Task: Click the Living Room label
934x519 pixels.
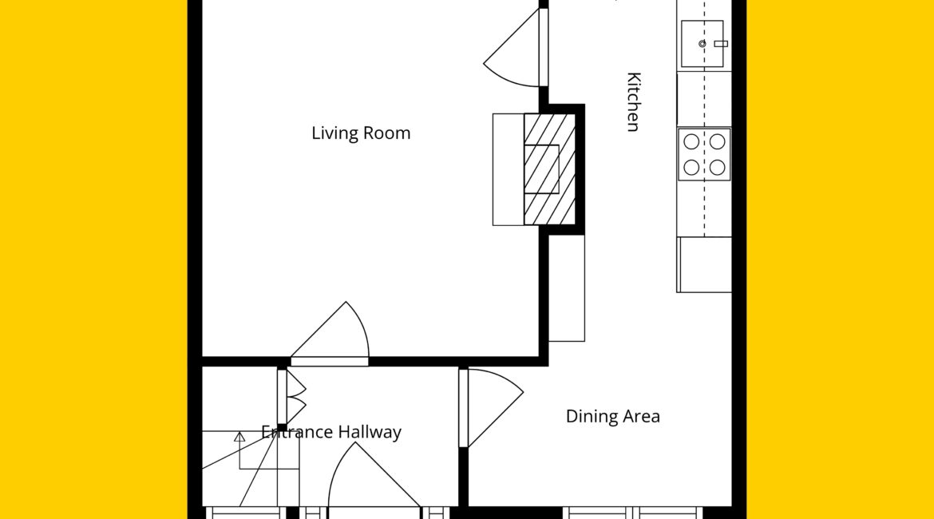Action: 361,133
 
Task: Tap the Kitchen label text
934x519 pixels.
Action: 634,101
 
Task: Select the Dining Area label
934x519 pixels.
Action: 613,416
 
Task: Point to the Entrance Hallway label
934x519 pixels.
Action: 331,432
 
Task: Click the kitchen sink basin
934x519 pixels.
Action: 702,43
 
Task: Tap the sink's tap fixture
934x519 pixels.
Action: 720,43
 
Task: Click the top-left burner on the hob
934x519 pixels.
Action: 691,142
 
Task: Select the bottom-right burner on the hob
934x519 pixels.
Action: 717,168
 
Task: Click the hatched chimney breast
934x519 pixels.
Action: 550,169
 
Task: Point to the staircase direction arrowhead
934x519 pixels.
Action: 239,437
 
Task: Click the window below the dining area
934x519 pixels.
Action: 633,513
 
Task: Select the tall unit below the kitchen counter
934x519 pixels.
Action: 704,264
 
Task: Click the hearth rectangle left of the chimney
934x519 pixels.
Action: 508,170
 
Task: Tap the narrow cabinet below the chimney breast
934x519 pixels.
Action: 567,288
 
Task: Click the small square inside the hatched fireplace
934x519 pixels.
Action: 541,169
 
